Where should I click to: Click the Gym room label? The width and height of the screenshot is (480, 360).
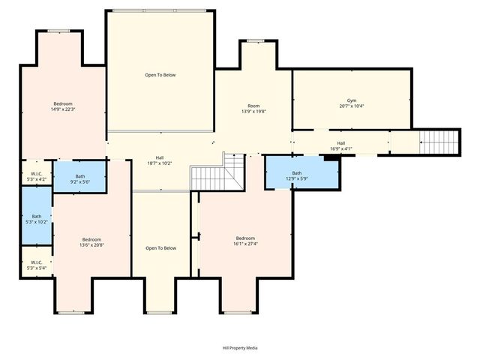[x=351, y=100]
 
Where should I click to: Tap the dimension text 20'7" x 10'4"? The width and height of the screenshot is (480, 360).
[x=351, y=106]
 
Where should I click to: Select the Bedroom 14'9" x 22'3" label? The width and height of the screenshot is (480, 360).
[x=63, y=106]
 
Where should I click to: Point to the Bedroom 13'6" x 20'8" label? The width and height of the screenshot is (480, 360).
[x=91, y=241]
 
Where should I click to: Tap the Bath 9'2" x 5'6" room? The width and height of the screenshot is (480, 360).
[x=79, y=178]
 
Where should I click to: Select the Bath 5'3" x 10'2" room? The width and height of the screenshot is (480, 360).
[x=37, y=218]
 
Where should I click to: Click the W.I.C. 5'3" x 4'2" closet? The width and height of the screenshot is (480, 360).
[x=36, y=175]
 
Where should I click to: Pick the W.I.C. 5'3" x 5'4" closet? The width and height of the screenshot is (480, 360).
[x=36, y=265]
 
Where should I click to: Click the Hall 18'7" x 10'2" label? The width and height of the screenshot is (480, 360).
[x=160, y=160]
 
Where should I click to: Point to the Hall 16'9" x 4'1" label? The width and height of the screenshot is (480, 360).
[x=340, y=145]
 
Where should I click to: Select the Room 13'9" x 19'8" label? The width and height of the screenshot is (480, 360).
[x=253, y=109]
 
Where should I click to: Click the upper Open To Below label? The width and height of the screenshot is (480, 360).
[x=160, y=75]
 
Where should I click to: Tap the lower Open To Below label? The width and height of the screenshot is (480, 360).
[x=160, y=248]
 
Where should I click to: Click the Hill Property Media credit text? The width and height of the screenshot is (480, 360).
[x=239, y=348]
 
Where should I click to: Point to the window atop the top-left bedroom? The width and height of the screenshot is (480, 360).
[x=59, y=31]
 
